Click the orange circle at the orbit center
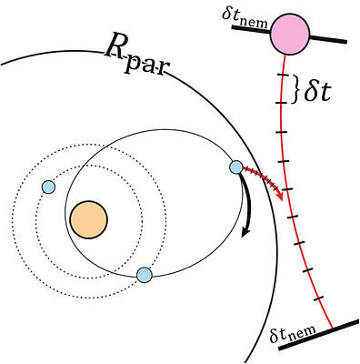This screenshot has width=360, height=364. [88, 219]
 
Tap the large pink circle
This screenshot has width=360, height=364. [291, 34]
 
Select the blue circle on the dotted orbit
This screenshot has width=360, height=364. [49, 187]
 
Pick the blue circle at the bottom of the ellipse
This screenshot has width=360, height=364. [143, 274]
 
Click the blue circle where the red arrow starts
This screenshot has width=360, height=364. [236, 167]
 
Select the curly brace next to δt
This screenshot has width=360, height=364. [295, 88]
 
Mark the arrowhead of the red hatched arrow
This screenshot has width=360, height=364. [281, 197]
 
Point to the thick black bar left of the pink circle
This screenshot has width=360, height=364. [251, 28]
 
